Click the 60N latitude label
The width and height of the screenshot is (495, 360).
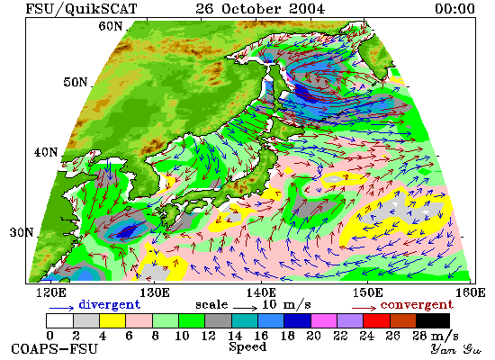(x=111, y=26)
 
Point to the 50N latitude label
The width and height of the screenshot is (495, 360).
(x=76, y=82)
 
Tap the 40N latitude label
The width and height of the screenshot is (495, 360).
(x=46, y=152)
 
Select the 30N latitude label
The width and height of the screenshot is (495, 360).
(x=22, y=233)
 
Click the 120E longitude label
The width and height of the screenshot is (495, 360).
(x=51, y=292)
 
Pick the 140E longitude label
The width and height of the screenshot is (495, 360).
(x=261, y=292)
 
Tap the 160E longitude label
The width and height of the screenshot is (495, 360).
(x=471, y=292)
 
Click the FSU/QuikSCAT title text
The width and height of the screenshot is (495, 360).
(x=81, y=9)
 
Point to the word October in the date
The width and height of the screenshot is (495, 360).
(x=251, y=8)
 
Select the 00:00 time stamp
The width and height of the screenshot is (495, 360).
(x=454, y=8)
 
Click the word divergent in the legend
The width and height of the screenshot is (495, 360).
(x=109, y=304)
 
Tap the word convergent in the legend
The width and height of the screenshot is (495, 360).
(x=417, y=305)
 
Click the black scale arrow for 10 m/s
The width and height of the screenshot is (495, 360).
(x=246, y=307)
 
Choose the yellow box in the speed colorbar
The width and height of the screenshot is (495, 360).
(x=112, y=320)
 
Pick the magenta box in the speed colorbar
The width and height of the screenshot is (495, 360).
(x=324, y=320)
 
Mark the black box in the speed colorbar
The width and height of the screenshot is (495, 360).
(x=433, y=320)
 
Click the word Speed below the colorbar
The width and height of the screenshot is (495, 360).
(x=247, y=347)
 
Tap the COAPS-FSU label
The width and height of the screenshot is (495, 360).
(x=55, y=349)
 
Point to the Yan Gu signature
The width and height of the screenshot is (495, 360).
(x=456, y=349)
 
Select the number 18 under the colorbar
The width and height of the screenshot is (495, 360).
(x=288, y=336)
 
